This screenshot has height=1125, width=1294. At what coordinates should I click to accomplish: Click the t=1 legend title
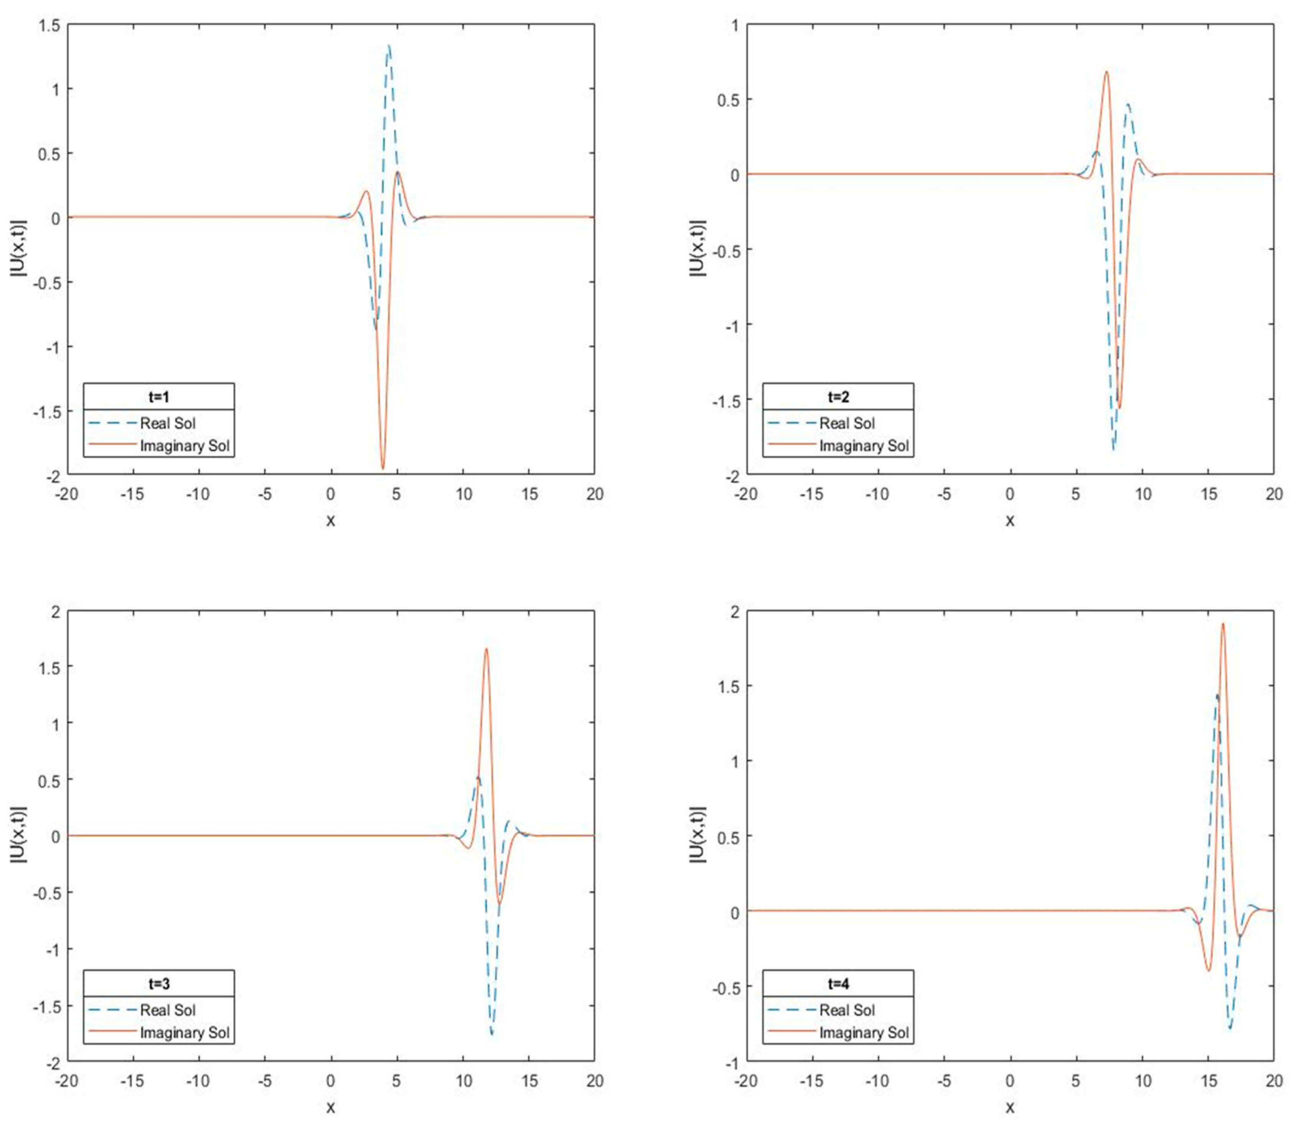pos(159,397)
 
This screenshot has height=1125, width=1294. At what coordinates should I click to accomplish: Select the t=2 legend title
pos(838,397)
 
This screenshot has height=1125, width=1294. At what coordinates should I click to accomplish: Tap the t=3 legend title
pos(159,983)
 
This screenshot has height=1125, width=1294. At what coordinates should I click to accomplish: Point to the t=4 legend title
pos(838,983)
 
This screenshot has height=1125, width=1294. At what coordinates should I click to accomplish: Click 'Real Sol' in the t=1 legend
pos(168,423)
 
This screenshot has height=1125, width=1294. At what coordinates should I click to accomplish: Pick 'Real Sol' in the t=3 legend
pos(168,1010)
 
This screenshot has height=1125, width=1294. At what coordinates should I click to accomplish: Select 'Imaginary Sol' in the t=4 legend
pos(864,1033)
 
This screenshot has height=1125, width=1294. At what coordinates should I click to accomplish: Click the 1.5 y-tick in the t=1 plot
pos(49,25)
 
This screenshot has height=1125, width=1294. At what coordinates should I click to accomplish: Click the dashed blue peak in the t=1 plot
pos(389,45)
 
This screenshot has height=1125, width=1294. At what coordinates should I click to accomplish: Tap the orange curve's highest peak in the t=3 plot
pos(486,649)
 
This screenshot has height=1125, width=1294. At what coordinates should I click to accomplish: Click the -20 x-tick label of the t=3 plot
pos(67,1081)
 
